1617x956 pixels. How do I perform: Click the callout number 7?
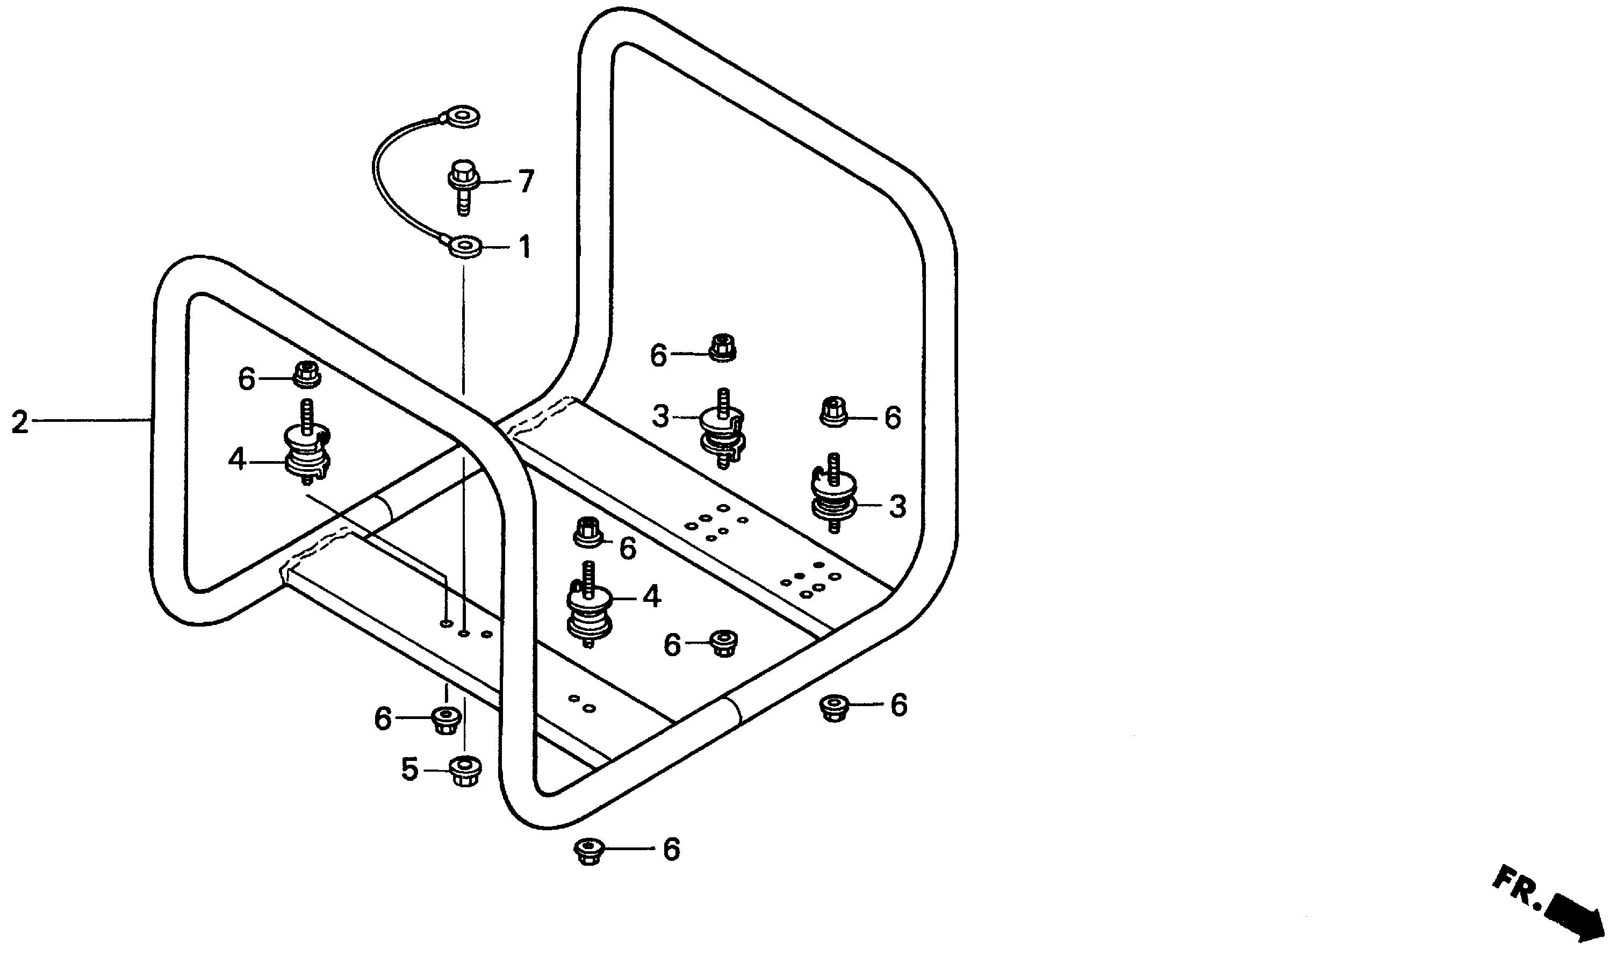pyautogui.click(x=526, y=182)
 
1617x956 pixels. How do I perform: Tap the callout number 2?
pyautogui.click(x=19, y=422)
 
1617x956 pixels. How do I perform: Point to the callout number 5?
pyautogui.click(x=409, y=769)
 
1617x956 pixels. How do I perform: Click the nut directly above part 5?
pyautogui.click(x=444, y=720)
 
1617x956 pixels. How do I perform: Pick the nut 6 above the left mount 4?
pyautogui.click(x=307, y=375)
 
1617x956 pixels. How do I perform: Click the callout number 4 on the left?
pyautogui.click(x=237, y=460)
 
